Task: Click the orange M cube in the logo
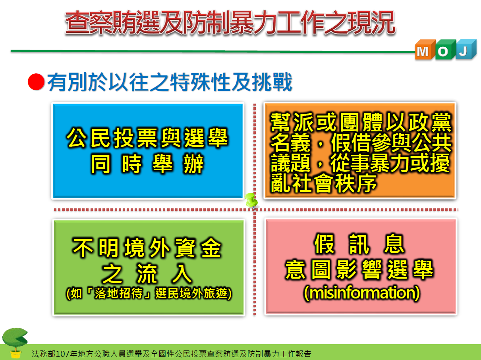(425, 50)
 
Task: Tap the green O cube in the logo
(445, 50)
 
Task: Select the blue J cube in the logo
(466, 50)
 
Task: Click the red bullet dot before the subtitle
(36, 82)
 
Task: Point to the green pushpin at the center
(251, 200)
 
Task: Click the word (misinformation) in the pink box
(361, 293)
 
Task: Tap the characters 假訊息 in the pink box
(359, 244)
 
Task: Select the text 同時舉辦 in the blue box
(147, 164)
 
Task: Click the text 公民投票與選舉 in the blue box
(147, 138)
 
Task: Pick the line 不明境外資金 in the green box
(147, 247)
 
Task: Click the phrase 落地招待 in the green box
(118, 293)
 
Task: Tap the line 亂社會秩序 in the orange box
(323, 183)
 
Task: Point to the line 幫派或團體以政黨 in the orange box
(361, 122)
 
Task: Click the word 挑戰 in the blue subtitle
(272, 82)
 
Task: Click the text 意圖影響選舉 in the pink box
(359, 270)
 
